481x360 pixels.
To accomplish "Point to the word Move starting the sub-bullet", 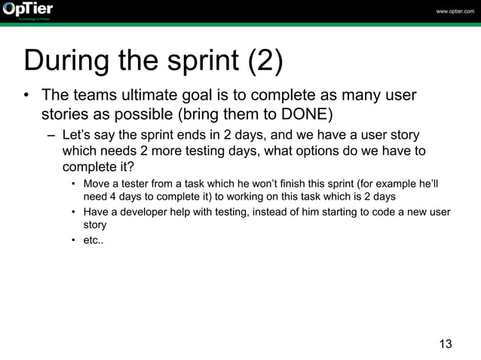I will coord(97,184).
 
